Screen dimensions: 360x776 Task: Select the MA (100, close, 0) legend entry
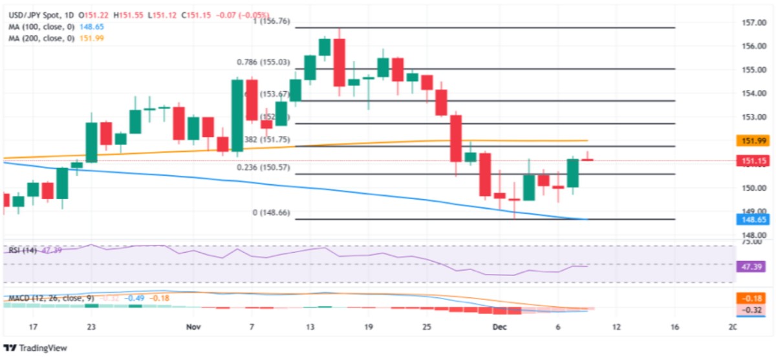[x=38, y=26]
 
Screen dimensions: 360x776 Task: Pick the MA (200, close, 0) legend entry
[x=38, y=38]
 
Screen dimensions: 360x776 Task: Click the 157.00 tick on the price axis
[x=750, y=23]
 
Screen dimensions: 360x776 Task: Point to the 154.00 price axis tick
[x=750, y=94]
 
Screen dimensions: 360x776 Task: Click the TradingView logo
[x=36, y=348]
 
